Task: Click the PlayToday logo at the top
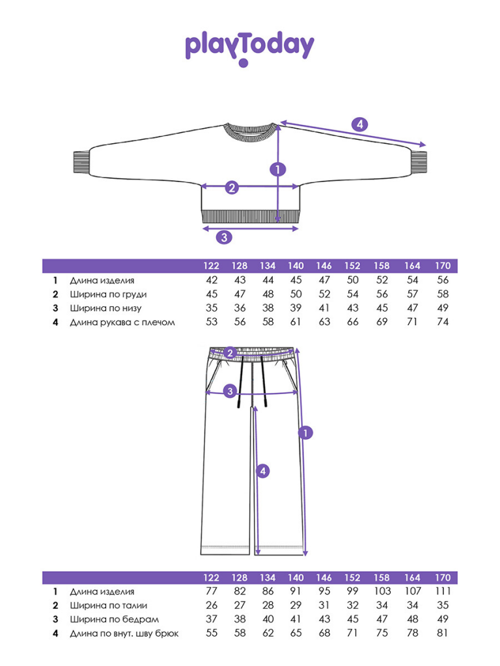249,46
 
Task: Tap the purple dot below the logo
243,63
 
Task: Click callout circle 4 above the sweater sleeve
359,124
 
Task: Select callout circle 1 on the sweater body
277,170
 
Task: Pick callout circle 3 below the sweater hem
225,237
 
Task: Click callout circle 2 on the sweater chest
232,187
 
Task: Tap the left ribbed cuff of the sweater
81,162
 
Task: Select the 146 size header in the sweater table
324,266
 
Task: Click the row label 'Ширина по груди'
109,295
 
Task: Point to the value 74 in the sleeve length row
443,322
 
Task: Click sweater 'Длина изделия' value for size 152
352,280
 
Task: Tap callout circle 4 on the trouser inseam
263,471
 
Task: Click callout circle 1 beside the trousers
305,433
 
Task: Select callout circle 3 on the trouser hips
230,391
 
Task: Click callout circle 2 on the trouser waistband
230,353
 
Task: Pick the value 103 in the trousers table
382,591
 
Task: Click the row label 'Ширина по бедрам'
115,619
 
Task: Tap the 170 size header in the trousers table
443,578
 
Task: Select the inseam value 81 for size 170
443,633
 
